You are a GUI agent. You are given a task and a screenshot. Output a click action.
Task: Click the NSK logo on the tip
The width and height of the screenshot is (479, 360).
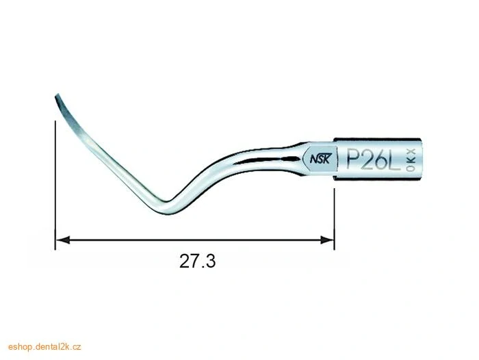320,159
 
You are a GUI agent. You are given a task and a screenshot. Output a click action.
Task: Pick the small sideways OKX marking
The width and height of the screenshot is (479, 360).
412,160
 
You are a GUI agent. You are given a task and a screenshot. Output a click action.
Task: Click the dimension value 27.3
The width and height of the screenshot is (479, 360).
197,261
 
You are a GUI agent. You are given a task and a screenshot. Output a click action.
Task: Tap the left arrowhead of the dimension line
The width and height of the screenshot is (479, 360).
63,240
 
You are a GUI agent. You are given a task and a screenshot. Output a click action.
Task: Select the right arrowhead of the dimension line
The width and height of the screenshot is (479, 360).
326,240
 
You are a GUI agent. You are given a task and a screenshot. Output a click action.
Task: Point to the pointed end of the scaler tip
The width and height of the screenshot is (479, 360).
57,95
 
